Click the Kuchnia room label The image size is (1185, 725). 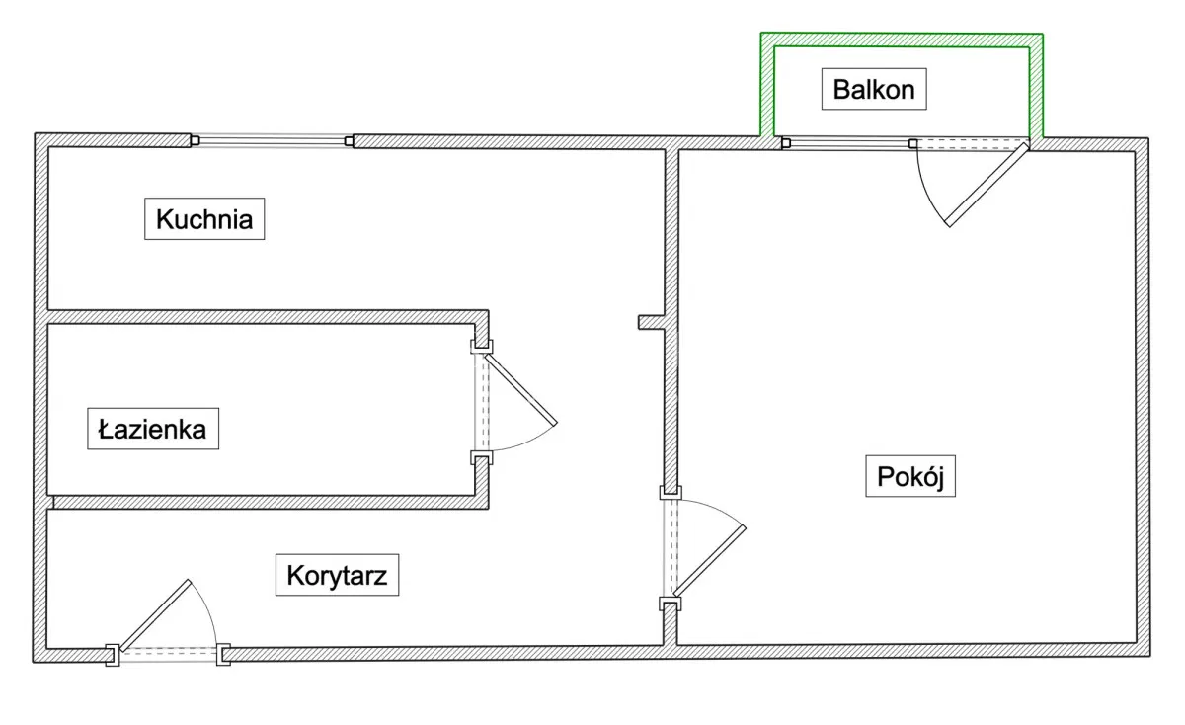click(204, 219)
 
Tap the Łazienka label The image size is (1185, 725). click(153, 430)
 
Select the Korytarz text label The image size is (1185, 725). click(337, 575)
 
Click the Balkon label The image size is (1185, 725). click(874, 90)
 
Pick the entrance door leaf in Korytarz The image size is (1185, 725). click(154, 614)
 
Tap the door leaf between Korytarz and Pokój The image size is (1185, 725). click(709, 560)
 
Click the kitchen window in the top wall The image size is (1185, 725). click(272, 141)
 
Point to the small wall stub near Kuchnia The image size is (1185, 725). click(651, 322)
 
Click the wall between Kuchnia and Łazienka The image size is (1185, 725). click(267, 316)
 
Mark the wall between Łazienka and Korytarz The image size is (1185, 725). click(267, 502)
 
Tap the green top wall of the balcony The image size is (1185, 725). click(902, 40)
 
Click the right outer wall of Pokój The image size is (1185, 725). click(1143, 395)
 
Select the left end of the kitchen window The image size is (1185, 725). click(195, 141)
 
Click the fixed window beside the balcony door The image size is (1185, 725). click(847, 143)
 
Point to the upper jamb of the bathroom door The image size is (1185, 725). click(481, 345)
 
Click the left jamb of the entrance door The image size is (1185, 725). click(114, 654)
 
